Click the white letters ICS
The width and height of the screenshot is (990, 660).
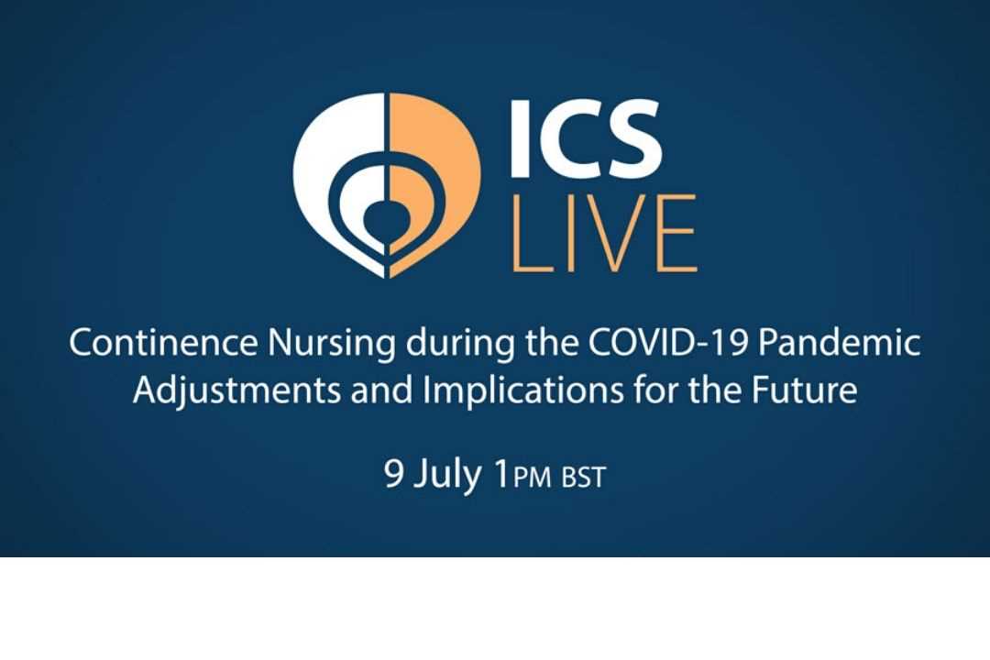[585, 137]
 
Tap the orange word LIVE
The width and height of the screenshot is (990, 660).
[603, 233]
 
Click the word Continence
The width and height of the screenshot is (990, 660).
[163, 343]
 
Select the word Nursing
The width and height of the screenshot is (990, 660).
[332, 345]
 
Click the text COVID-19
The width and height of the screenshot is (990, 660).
[668, 343]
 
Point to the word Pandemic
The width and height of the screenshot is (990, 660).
[839, 343]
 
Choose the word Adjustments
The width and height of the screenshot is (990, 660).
[236, 391]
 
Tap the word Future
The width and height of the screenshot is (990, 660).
[805, 390]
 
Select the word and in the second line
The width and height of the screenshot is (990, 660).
[382, 390]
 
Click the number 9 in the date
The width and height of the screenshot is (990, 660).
[394, 473]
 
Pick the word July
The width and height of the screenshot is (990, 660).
[447, 476]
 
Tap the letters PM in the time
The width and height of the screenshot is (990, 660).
[533, 478]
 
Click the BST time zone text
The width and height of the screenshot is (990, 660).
[583, 478]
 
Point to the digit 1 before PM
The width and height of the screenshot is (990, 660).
[502, 473]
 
